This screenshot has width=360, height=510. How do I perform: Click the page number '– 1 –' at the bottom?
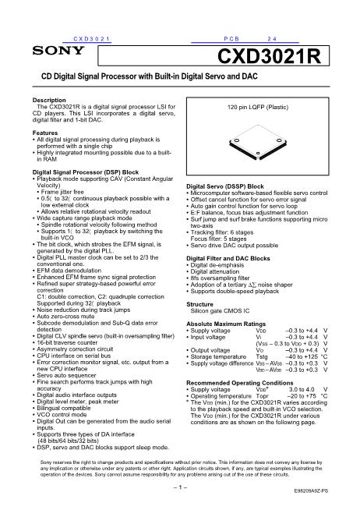click(x=180, y=487)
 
